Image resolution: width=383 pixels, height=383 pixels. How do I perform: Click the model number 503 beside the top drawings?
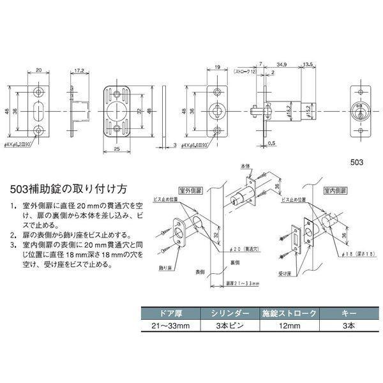[x=360, y=162]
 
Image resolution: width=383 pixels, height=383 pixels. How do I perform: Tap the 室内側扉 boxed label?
[x=336, y=190]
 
